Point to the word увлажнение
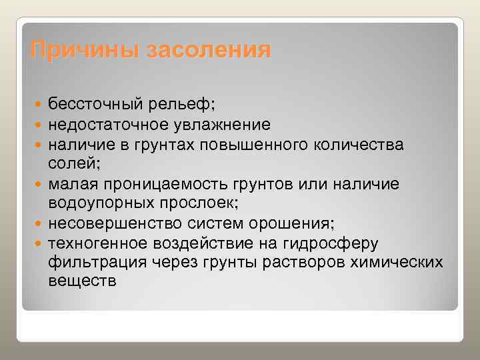point(226,124)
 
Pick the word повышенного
point(262,143)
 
